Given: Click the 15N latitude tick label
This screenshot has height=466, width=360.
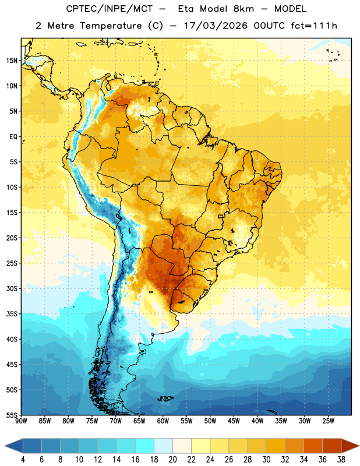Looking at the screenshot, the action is [x=12, y=61].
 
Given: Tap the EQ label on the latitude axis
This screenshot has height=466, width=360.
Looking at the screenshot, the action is [x=13, y=137].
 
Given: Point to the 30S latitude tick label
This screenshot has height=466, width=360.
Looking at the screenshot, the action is [x=12, y=288].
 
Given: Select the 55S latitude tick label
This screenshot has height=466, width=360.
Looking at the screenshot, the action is [x=12, y=415].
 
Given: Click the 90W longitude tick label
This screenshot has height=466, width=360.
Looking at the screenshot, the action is [x=21, y=421].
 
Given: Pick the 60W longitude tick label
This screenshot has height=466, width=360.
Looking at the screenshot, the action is [x=163, y=421].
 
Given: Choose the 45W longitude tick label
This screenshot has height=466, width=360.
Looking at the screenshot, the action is [x=234, y=421].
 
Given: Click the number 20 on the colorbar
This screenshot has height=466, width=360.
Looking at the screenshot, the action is [x=172, y=460].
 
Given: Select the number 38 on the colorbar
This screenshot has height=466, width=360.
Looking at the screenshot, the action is [x=341, y=460].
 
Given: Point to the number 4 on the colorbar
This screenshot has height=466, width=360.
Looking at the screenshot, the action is [x=23, y=460].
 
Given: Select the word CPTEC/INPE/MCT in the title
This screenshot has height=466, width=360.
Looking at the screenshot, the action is [x=110, y=9].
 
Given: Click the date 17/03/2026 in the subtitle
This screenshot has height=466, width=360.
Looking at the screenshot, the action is [x=216, y=26].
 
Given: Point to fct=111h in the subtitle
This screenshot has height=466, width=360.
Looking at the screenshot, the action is [x=314, y=26].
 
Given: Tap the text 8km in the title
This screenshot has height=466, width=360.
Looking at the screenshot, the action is [x=243, y=9].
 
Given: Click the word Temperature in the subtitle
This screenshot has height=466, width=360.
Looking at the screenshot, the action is [x=111, y=26].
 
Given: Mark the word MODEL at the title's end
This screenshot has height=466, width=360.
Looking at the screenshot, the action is [x=290, y=9].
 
